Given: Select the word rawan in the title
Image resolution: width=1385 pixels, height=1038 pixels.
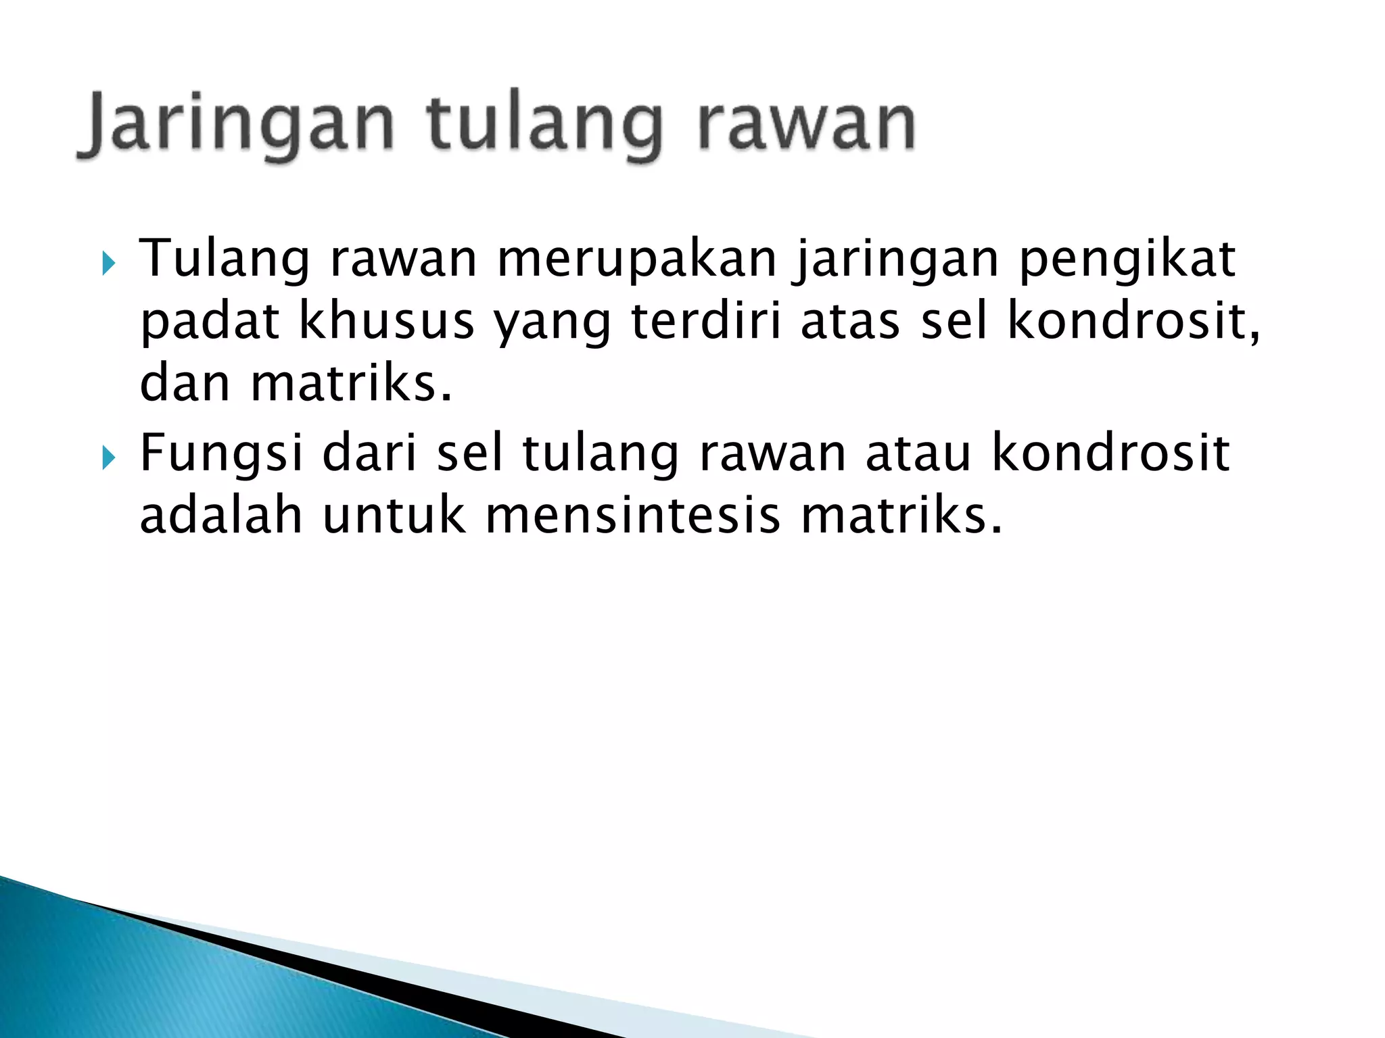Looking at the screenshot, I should click(805, 126).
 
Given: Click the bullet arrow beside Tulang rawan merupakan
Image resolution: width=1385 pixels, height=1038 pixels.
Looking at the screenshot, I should click(109, 264).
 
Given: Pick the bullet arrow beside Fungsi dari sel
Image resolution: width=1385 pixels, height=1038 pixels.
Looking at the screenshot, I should click(109, 459).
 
